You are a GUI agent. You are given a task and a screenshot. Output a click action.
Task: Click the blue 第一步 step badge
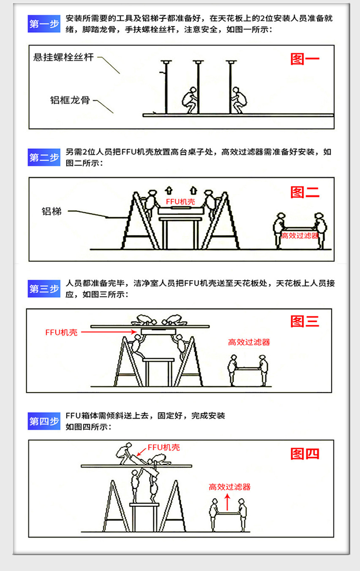[44, 24]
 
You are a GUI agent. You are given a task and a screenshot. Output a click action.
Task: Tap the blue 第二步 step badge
[44, 157]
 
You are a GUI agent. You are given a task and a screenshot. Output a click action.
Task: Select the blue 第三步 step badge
[44, 289]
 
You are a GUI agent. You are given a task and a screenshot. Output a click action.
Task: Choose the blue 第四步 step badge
[44, 421]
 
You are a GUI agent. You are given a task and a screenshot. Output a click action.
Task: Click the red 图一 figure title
[305, 59]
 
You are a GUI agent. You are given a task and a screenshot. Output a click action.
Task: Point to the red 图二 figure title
[305, 192]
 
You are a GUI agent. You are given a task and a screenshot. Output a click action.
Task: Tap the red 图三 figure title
[305, 321]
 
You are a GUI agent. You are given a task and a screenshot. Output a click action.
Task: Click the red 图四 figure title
[305, 454]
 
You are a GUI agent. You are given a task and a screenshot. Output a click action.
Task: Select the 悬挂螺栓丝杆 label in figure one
[63, 57]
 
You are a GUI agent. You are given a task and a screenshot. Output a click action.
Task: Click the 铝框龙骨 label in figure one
[70, 100]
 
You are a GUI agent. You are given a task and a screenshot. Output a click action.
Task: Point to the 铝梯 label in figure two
[51, 211]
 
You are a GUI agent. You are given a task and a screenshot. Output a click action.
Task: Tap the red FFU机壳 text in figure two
[180, 202]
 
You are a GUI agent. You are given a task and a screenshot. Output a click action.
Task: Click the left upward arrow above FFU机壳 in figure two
[169, 190]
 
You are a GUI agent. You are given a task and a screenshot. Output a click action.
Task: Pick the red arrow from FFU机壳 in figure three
[109, 332]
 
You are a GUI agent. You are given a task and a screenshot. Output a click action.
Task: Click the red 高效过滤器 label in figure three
[249, 342]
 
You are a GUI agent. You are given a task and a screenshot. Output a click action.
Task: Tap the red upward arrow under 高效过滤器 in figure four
[228, 502]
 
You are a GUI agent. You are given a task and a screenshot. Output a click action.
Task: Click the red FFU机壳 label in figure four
[164, 447]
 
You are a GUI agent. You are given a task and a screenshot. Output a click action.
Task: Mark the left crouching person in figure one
[190, 100]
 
